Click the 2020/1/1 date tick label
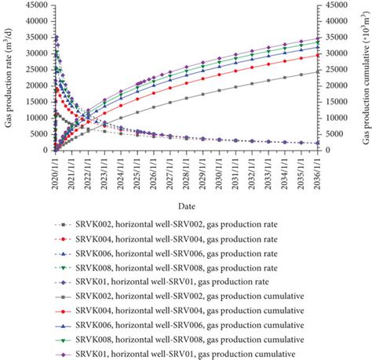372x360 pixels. [55, 171]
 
